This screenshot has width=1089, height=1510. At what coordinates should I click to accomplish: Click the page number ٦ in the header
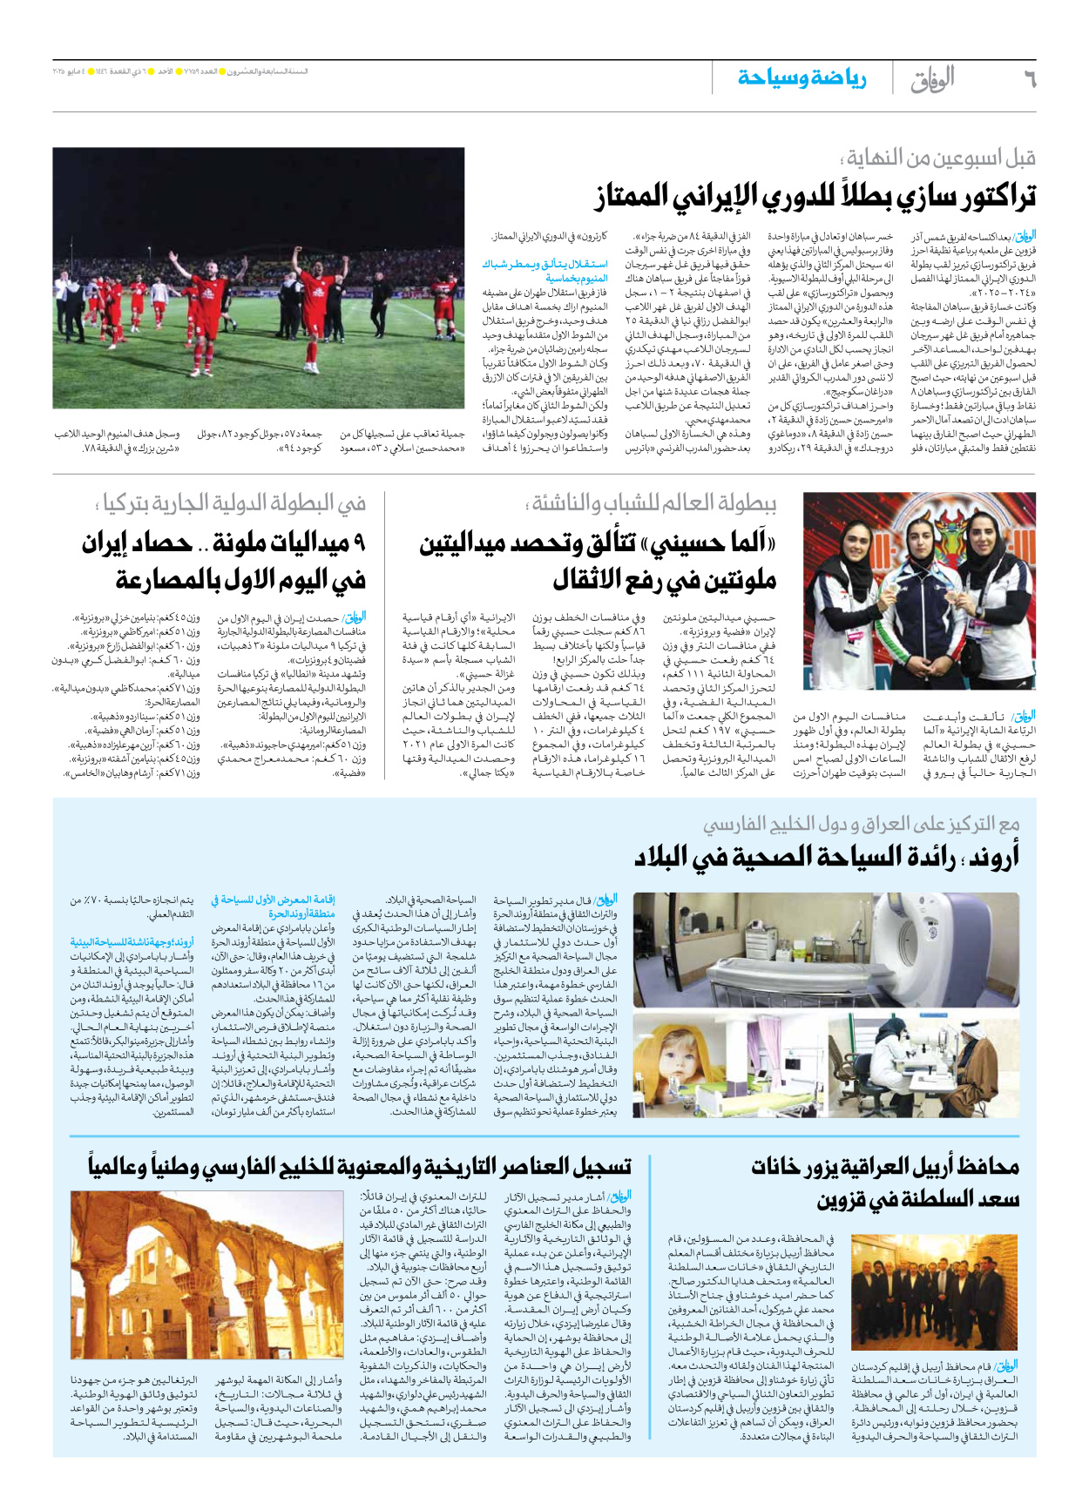coord(1029,78)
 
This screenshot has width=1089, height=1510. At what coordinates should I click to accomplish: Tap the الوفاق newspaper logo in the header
coord(932,78)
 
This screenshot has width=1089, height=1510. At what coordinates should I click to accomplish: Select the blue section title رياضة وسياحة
coord(802,78)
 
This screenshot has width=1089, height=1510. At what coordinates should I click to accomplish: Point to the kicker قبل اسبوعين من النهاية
coord(941,158)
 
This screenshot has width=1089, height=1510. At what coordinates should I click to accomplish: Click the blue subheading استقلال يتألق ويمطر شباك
coord(545,264)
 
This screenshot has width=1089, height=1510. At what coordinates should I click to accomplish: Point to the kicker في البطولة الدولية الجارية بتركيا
coord(231,503)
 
